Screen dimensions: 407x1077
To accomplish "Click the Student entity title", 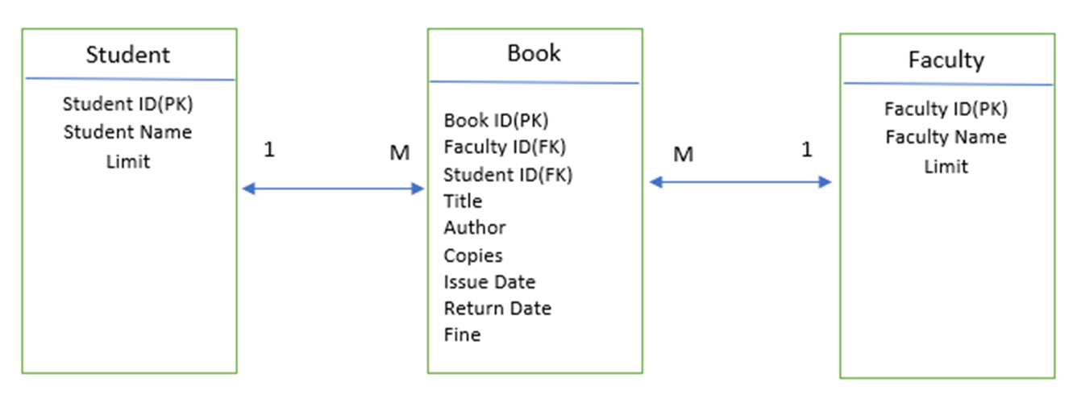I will pyautogui.click(x=128, y=55).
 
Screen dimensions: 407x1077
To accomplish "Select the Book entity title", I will pyautogui.click(x=534, y=53).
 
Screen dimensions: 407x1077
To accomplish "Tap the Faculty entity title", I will pyautogui.click(x=946, y=60).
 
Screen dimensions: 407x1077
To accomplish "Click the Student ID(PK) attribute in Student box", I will pyautogui.click(x=128, y=104).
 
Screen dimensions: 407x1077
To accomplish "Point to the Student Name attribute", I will pyautogui.click(x=128, y=131).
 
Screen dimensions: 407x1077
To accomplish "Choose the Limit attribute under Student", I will pyautogui.click(x=128, y=161).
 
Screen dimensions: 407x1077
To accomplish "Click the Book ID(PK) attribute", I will pyautogui.click(x=496, y=120).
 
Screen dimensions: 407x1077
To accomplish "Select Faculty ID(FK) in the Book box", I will pyautogui.click(x=505, y=147).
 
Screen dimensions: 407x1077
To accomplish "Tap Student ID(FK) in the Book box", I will pyautogui.click(x=508, y=174).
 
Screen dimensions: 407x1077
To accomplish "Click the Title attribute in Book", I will pyautogui.click(x=463, y=201).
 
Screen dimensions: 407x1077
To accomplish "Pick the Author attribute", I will pyautogui.click(x=475, y=228).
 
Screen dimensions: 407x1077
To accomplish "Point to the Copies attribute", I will pyautogui.click(x=473, y=255).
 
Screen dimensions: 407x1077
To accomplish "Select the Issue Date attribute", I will pyautogui.click(x=489, y=282).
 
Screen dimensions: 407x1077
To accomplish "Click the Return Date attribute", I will pyautogui.click(x=497, y=309).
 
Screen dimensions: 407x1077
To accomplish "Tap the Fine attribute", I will pyautogui.click(x=462, y=334).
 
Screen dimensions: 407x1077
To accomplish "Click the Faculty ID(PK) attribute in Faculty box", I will pyautogui.click(x=946, y=109).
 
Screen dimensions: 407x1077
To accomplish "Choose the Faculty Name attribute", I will pyautogui.click(x=946, y=137).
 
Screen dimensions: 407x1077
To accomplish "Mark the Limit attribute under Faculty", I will pyautogui.click(x=946, y=166).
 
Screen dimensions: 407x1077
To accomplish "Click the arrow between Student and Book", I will pyautogui.click(x=333, y=189).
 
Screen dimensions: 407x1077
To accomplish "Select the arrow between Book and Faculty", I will pyautogui.click(x=740, y=182).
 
